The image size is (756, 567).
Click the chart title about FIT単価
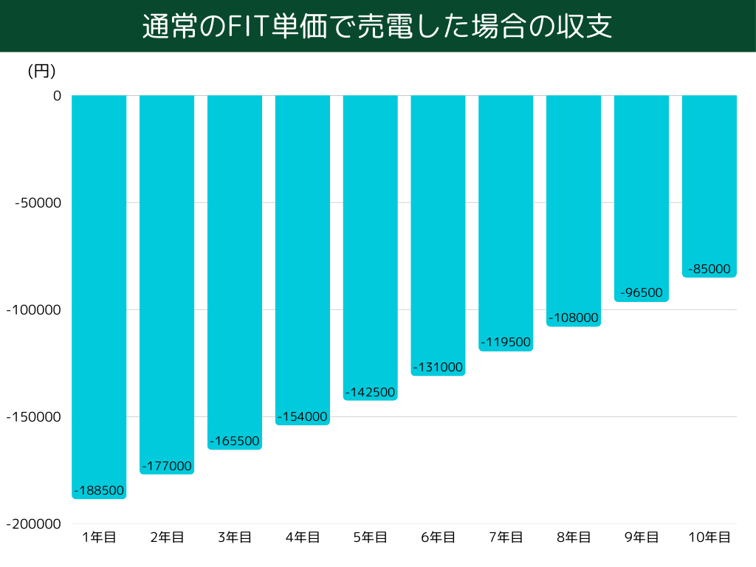(x=377, y=27)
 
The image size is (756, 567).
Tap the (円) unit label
(x=41, y=71)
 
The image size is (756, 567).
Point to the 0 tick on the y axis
(x=57, y=96)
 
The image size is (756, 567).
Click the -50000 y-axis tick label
(x=38, y=203)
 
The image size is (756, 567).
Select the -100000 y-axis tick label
(x=34, y=310)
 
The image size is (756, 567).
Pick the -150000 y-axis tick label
(x=34, y=417)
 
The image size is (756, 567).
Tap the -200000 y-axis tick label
(x=34, y=524)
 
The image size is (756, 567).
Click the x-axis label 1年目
(x=99, y=537)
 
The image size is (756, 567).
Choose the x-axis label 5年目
(x=370, y=537)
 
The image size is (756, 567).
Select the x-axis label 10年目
(x=709, y=537)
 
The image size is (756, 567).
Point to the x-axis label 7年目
(x=506, y=537)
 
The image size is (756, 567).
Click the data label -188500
(x=99, y=490)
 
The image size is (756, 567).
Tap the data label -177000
(x=167, y=466)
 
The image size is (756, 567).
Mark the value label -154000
(x=302, y=416)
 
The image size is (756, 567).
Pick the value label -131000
(x=438, y=367)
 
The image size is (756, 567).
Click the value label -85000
(x=709, y=269)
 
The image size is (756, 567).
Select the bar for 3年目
(x=235, y=266)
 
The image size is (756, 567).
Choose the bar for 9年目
(x=642, y=192)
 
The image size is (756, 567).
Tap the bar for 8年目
(x=574, y=199)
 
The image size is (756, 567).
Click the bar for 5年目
(x=370, y=236)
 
